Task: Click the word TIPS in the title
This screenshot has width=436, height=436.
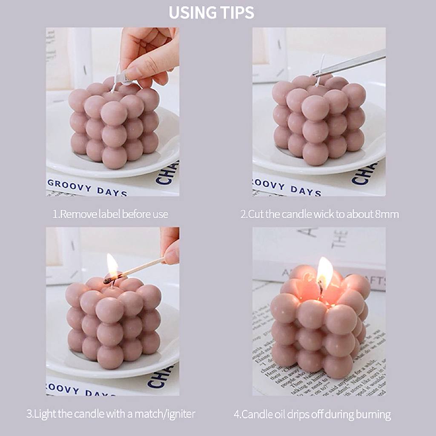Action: tap(237, 12)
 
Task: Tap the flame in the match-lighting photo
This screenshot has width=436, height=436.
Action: tap(112, 265)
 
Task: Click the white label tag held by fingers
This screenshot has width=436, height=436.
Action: tap(121, 78)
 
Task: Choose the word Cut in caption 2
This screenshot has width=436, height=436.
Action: tap(256, 214)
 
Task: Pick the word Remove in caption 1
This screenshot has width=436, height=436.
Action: tap(77, 214)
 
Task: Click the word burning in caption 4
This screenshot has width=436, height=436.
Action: tap(375, 413)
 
